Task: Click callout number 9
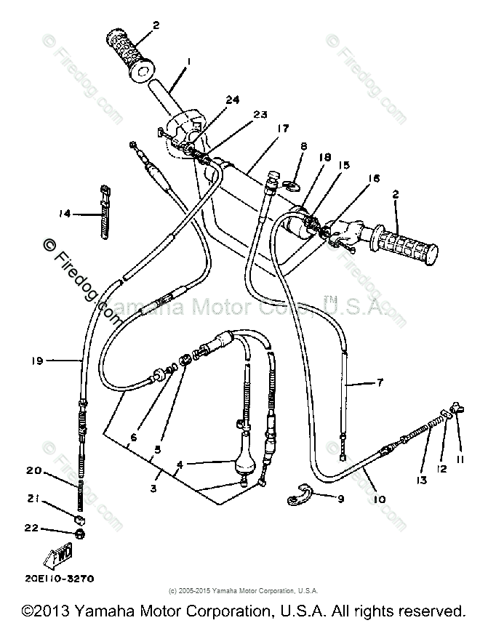[340, 499]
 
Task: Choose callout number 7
[379, 381]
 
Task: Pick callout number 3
[153, 488]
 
